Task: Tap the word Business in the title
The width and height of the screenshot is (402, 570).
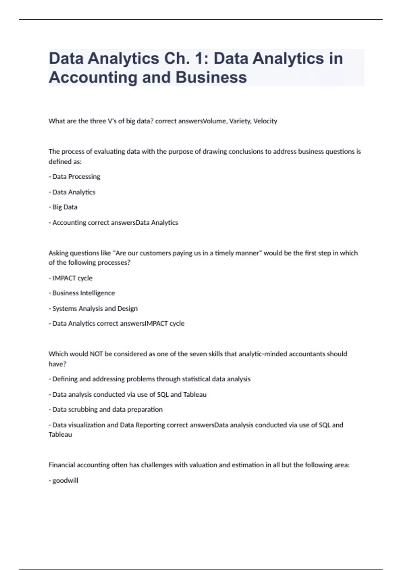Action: coord(211,77)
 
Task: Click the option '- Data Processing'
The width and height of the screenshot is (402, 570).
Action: coord(74,177)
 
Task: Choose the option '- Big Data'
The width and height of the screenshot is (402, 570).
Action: coord(63,207)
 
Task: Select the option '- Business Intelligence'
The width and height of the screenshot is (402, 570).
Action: coord(82,293)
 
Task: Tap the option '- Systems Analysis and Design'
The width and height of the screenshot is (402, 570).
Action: coord(93,308)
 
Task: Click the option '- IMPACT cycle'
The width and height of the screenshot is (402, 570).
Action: coord(70,278)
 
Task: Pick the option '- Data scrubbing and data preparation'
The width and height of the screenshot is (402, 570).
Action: coord(106,409)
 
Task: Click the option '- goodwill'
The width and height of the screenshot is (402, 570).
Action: coord(63,480)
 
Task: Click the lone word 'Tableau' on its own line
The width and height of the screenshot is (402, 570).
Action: coord(60,435)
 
